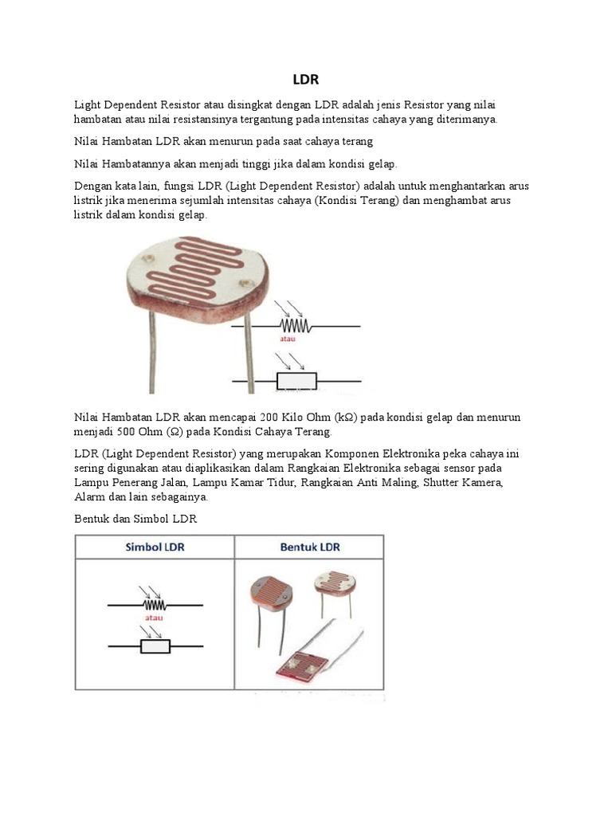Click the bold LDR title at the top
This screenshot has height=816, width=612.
point(305,80)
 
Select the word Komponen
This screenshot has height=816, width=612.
point(321,453)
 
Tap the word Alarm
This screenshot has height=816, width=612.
point(89,496)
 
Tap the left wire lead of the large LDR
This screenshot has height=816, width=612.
point(150,351)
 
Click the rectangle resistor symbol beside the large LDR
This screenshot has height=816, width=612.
point(296,381)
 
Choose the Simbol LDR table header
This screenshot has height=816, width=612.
point(155,547)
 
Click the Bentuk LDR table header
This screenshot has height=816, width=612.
point(309,547)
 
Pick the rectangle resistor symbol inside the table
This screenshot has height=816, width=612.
point(155,646)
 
